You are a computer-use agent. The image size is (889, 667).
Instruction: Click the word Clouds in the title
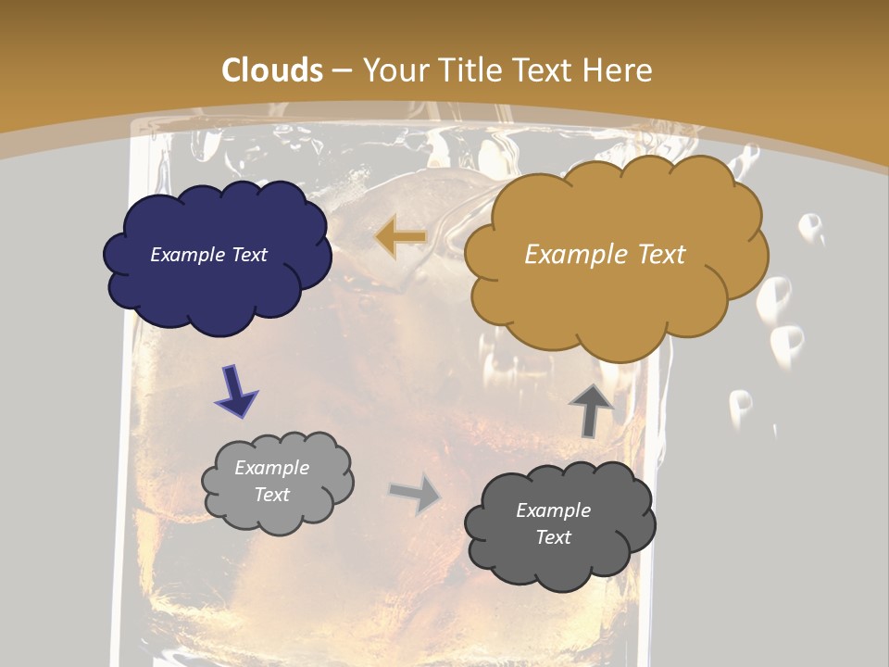pyautogui.click(x=272, y=69)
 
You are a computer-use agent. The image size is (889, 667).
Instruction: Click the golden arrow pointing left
pyautogui.click(x=401, y=238)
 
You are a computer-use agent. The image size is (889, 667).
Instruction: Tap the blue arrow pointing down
pyautogui.click(x=235, y=390)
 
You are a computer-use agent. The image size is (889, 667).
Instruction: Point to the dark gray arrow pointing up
pyautogui.click(x=591, y=409)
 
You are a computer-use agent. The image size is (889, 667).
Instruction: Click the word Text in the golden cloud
pyautogui.click(x=657, y=255)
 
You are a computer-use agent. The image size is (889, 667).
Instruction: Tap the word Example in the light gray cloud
pyautogui.click(x=272, y=468)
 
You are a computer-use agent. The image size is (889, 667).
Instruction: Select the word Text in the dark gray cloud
pyautogui.click(x=553, y=537)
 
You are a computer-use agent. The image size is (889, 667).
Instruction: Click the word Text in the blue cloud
pyautogui.click(x=249, y=255)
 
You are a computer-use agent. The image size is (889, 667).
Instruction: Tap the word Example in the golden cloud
pyautogui.click(x=573, y=255)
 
